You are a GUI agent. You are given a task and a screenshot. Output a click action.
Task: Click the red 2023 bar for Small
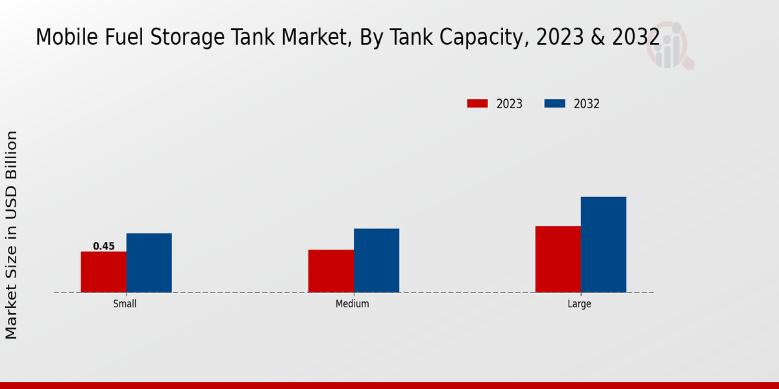point(104,272)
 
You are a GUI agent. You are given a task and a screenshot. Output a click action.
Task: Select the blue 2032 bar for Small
point(149,263)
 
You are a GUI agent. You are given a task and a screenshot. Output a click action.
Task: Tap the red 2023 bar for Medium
point(331,271)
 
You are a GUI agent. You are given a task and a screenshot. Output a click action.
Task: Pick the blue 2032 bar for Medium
point(377,260)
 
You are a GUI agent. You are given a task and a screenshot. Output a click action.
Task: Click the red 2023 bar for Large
point(558,259)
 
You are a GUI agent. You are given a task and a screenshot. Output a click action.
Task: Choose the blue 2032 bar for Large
point(604,244)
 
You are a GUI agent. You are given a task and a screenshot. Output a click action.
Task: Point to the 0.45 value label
point(104,246)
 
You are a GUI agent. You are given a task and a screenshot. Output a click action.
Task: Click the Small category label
point(125,304)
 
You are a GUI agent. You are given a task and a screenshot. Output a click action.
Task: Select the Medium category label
point(352,304)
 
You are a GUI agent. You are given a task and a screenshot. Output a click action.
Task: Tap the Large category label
point(579,304)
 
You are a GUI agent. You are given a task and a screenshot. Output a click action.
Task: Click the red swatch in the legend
point(477,104)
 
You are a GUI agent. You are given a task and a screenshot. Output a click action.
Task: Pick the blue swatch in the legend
point(554,104)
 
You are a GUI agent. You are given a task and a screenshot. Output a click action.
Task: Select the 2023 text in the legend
point(510,104)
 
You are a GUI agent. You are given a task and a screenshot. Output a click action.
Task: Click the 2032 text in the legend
point(587,104)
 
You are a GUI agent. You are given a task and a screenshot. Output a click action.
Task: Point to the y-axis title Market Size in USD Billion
point(12,235)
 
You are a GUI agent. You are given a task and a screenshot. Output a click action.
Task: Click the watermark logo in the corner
point(669,45)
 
